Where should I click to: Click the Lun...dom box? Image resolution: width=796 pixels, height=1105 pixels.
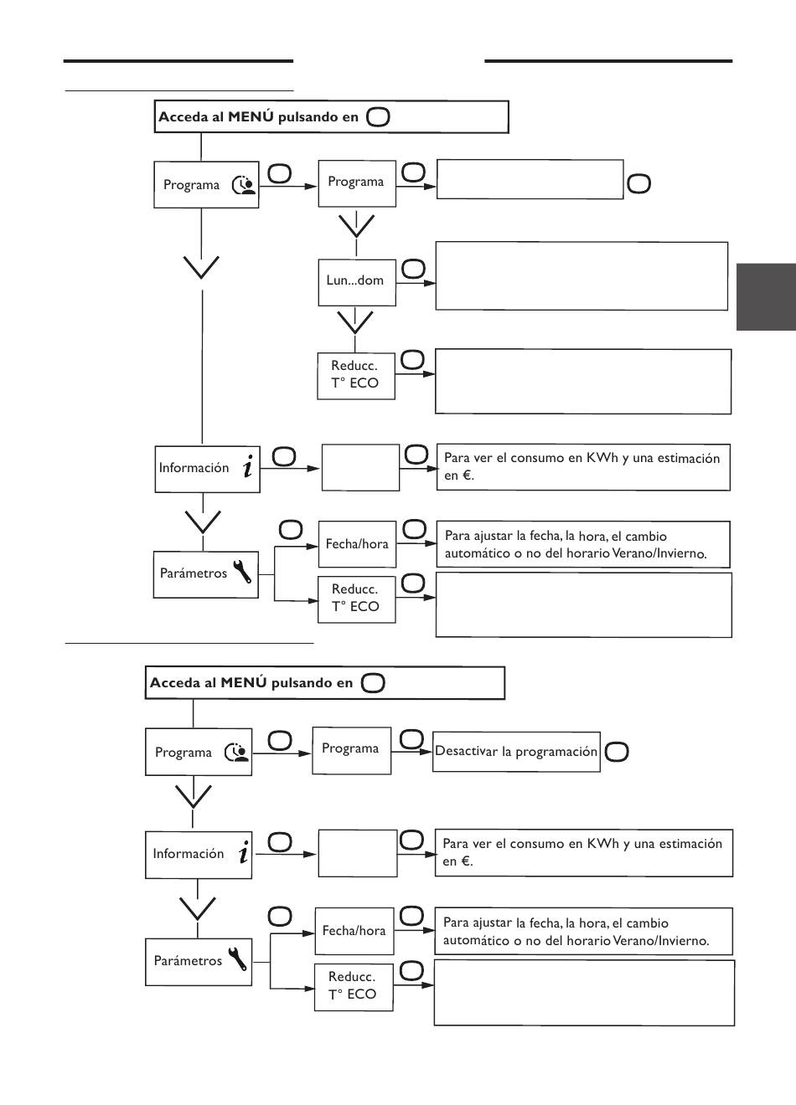(357, 283)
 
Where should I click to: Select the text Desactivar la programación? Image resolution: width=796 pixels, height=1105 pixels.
(516, 751)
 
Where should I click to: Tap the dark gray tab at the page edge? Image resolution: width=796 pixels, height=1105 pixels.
(766, 297)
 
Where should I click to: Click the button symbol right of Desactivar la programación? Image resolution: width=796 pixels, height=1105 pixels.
(616, 753)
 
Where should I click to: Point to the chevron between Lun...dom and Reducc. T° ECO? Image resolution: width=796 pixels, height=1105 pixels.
(355, 322)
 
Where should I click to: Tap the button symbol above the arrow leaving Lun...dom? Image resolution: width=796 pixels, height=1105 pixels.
(413, 270)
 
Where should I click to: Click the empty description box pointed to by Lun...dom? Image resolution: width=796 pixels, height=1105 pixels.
(581, 275)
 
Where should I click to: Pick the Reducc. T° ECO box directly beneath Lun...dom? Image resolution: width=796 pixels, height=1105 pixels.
(356, 376)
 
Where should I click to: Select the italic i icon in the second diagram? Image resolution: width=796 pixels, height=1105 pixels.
(244, 852)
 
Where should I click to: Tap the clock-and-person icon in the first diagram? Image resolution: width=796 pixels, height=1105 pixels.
(244, 185)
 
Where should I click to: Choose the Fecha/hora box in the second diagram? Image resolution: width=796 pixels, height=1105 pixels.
(354, 931)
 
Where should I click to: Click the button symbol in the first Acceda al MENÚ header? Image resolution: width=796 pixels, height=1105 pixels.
(378, 117)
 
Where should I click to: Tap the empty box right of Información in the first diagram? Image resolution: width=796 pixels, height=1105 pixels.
(360, 468)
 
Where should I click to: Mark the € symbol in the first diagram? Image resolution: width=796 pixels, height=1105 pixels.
(467, 475)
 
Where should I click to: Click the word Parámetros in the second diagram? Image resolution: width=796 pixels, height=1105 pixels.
(188, 960)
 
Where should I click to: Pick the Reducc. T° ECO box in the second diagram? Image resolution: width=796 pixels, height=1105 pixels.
(354, 987)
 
